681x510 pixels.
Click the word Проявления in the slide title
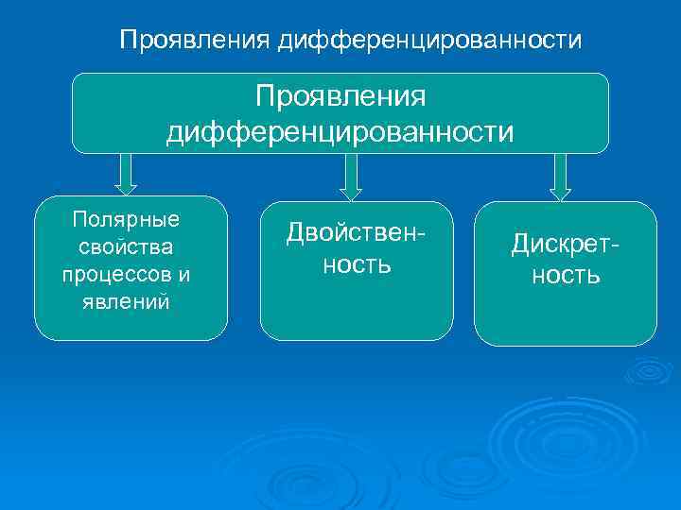[x=195, y=41]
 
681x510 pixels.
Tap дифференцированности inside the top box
[x=340, y=130]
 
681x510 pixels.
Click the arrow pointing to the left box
[x=128, y=174]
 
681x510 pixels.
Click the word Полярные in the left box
[x=126, y=219]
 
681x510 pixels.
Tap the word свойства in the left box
[x=126, y=246]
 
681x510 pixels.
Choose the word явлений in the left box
[x=126, y=303]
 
